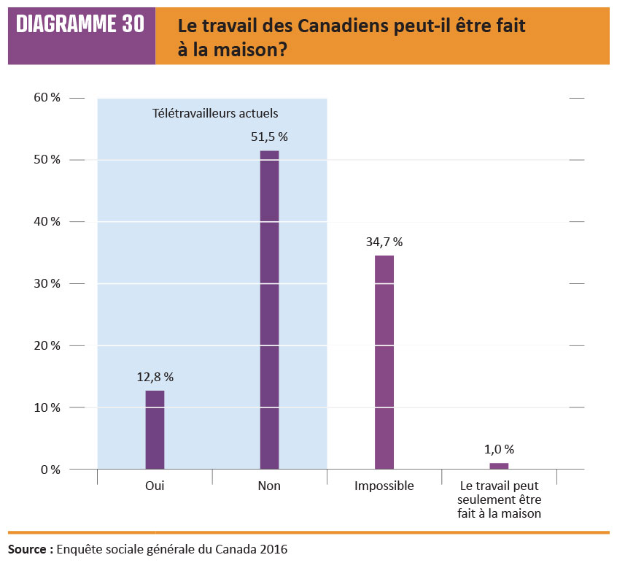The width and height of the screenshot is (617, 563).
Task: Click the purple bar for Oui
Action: point(155,429)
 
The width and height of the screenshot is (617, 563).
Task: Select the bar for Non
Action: point(269,310)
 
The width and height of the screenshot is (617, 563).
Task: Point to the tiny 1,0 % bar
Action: point(499,465)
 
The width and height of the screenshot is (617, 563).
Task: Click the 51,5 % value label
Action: point(269,137)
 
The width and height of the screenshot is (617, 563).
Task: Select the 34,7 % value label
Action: point(384,241)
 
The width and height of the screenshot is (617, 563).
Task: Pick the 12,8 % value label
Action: point(155,377)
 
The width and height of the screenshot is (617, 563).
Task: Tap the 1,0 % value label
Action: point(499,449)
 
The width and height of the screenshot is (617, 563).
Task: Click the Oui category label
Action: point(155,486)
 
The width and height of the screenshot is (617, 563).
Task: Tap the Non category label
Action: point(269,486)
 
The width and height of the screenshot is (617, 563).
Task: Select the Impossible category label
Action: point(384,486)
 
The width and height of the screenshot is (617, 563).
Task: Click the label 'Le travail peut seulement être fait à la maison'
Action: point(499,499)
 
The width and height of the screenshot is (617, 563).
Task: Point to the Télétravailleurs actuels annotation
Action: point(215,113)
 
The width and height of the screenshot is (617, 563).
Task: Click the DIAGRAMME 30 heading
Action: point(80,25)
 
